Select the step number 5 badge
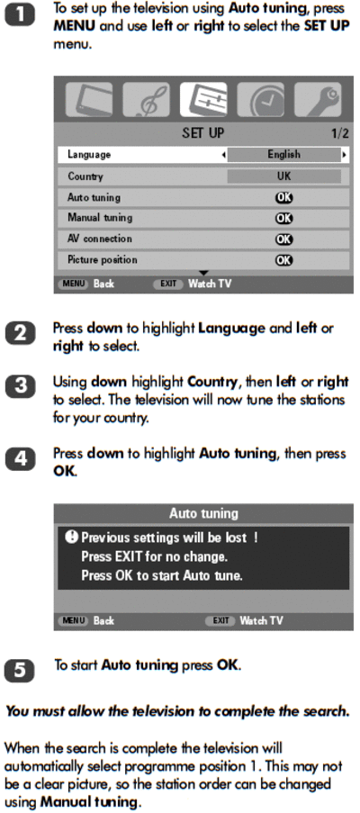20,671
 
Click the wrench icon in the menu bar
318,99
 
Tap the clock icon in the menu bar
260,99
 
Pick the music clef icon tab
146,99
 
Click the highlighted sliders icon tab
203,99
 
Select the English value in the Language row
283,155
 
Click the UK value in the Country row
283,176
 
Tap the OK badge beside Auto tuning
283,197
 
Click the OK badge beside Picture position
283,260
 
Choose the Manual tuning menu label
100,218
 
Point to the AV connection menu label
100,239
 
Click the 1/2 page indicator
340,133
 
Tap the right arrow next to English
344,155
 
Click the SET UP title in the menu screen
203,133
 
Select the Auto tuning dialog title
203,513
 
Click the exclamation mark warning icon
71,537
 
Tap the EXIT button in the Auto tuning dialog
220,620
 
